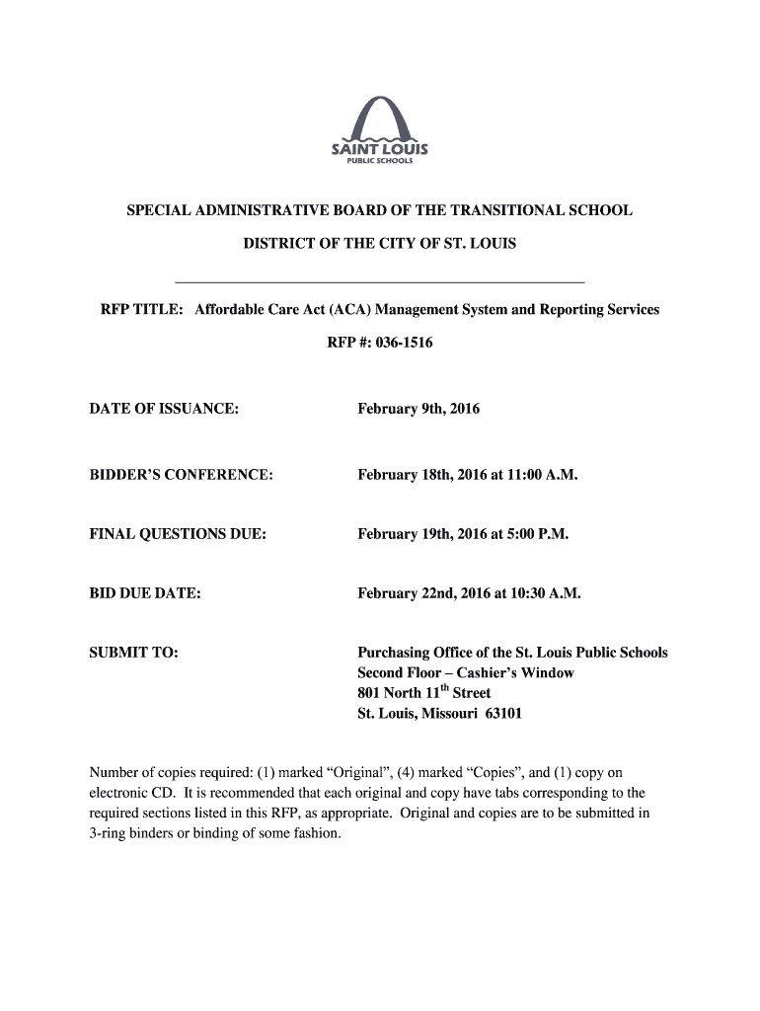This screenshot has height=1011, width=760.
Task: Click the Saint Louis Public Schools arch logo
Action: coord(379,128)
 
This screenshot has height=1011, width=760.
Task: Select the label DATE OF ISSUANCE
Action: coord(164,408)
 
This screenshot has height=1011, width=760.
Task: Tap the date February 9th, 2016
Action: coord(418,408)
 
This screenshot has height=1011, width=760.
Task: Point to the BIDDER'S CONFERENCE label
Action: coord(181,475)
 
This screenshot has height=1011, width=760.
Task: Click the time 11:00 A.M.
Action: coord(542,475)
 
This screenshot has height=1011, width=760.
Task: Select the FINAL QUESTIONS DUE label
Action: coord(178,534)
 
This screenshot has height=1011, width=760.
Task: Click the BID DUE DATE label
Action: coord(145,593)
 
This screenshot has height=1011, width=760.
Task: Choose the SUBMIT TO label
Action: coord(134,653)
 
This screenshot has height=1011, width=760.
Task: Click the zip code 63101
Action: coord(503,712)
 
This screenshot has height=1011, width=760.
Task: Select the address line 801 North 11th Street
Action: coord(423,691)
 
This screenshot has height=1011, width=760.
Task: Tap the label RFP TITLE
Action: coord(141,309)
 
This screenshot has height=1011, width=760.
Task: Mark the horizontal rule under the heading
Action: coord(379,281)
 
